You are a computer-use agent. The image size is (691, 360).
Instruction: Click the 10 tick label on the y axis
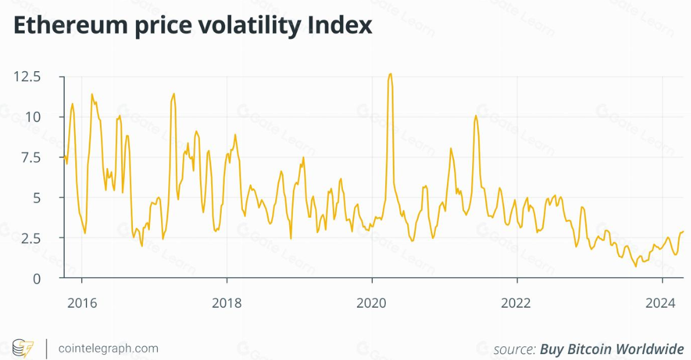(x=34, y=116)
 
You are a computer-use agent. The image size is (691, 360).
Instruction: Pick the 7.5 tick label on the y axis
(x=31, y=157)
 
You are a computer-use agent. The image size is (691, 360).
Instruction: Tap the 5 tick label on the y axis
(x=37, y=198)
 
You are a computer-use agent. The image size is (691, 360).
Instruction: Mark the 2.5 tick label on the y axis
(x=31, y=238)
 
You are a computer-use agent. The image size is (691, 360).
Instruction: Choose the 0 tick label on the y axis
(x=37, y=278)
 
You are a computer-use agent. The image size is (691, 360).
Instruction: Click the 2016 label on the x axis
(x=82, y=304)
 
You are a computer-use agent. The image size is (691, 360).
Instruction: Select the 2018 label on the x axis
(x=226, y=304)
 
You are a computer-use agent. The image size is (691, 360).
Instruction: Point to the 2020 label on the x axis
(x=372, y=304)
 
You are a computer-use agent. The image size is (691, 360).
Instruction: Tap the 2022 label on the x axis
(x=516, y=304)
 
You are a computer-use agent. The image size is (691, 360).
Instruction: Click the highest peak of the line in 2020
(x=390, y=74)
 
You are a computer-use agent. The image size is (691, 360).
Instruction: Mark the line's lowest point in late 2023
(x=636, y=266)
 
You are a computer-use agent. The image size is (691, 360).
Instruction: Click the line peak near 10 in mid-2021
(x=475, y=115)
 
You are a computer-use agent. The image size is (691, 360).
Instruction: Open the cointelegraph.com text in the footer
(x=108, y=348)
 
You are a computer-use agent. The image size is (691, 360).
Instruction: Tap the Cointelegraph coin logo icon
(x=23, y=348)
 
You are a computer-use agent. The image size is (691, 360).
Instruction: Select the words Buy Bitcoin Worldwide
(x=612, y=349)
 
